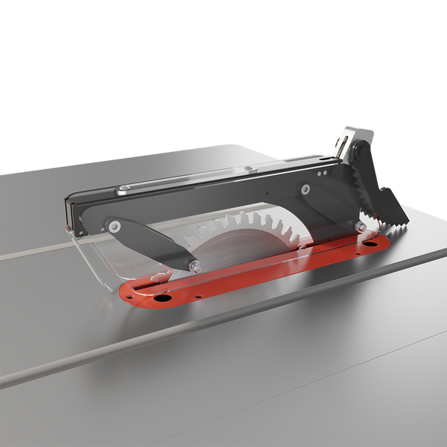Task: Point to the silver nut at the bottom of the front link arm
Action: pos(194,266)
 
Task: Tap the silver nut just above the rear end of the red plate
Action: pos(361,226)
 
